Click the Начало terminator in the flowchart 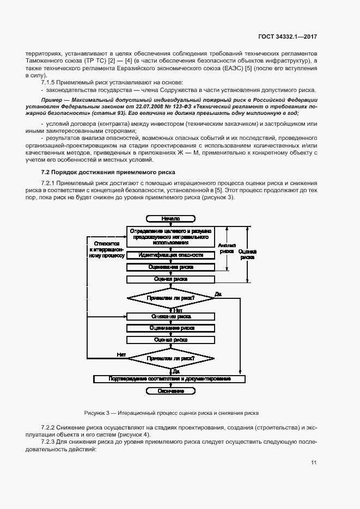(x=170, y=218)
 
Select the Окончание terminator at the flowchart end (x=170, y=391)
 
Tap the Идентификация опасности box (x=170, y=255)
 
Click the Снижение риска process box (x=170, y=316)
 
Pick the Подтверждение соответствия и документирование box (x=170, y=378)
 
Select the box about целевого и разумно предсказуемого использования (x=170, y=237)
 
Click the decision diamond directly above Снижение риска (x=170, y=298)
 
